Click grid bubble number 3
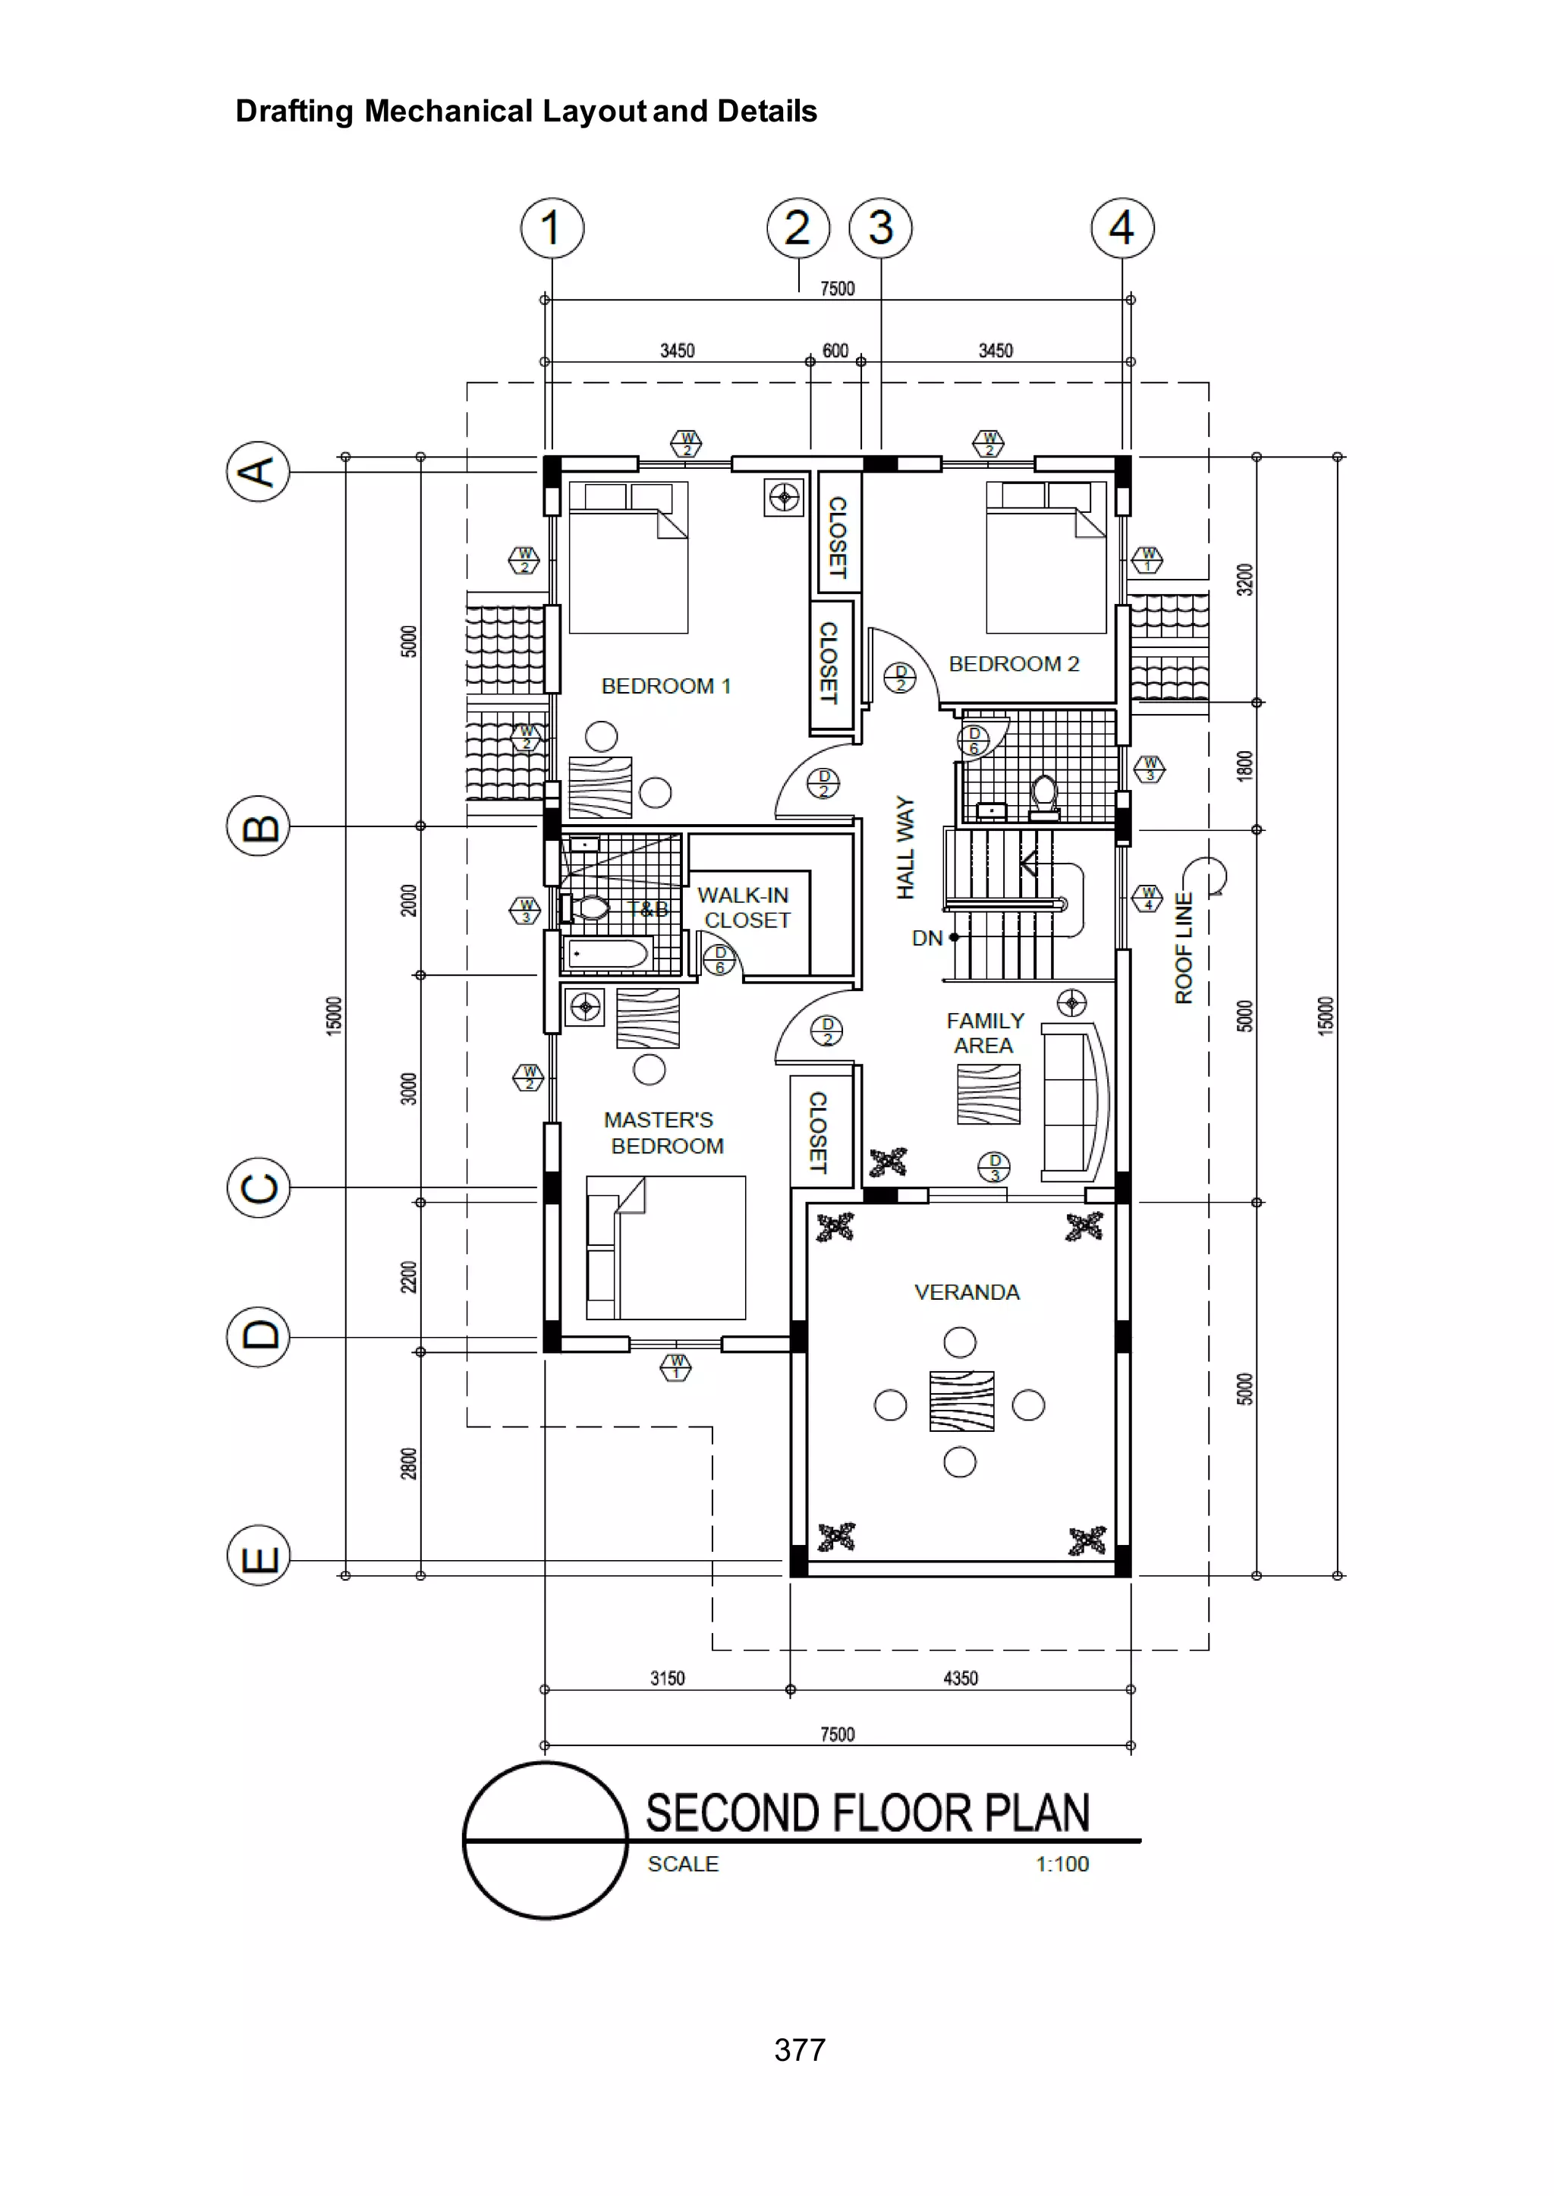coord(880,228)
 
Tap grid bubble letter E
coord(258,1555)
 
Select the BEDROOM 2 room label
coord(1013,664)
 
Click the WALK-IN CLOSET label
coord(744,907)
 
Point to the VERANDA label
coord(967,1291)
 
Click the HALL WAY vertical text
coord(904,847)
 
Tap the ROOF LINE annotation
coord(1184,947)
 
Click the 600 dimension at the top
coord(835,351)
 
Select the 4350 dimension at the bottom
coord(960,1678)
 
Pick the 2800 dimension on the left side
coord(408,1463)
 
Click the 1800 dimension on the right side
coord(1244,766)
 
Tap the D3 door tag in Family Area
coord(994,1166)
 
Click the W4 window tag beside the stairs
coord(1147,898)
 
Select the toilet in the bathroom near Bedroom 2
coord(1044,796)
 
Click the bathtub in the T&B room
coord(609,953)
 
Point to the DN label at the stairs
coord(926,938)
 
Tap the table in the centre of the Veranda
coord(961,1401)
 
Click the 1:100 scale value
coord(1062,1864)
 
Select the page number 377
coord(799,2050)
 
